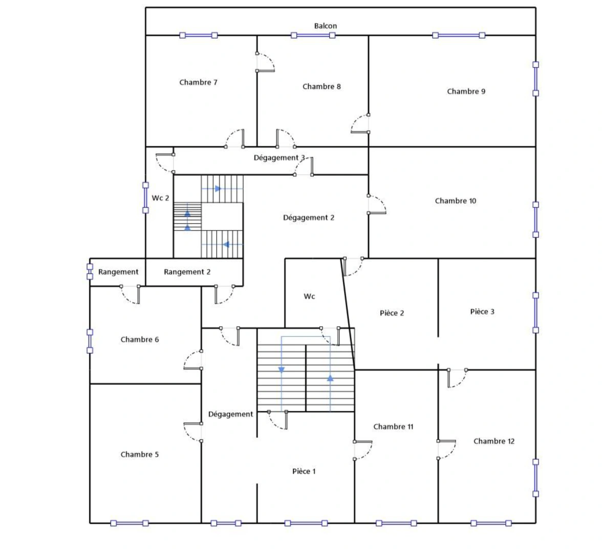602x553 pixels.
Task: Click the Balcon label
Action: coord(326,26)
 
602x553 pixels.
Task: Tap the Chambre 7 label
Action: coord(199,82)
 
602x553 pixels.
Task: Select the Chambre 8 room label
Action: coord(321,87)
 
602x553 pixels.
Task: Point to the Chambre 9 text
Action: coord(466,92)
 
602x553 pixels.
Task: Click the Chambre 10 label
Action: coord(456,201)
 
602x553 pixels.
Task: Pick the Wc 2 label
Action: coord(160,198)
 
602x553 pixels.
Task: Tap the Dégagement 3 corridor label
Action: coord(279,158)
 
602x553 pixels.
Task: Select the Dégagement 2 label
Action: coord(309,218)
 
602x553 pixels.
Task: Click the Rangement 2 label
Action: coord(187,272)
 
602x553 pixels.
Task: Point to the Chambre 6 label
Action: coord(140,339)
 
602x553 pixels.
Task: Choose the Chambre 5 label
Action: coord(140,454)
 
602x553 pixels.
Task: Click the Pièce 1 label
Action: coord(304,471)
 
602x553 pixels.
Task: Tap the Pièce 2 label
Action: coord(392,313)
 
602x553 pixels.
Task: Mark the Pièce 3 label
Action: coord(482,311)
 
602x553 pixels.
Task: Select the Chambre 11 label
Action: coord(394,427)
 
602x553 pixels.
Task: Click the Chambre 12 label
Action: coord(494,441)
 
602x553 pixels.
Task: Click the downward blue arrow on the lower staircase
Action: coord(281,369)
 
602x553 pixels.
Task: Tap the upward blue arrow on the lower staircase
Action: coord(330,378)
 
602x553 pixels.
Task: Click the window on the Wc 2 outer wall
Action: coord(145,198)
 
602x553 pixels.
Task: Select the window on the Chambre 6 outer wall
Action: coord(90,341)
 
